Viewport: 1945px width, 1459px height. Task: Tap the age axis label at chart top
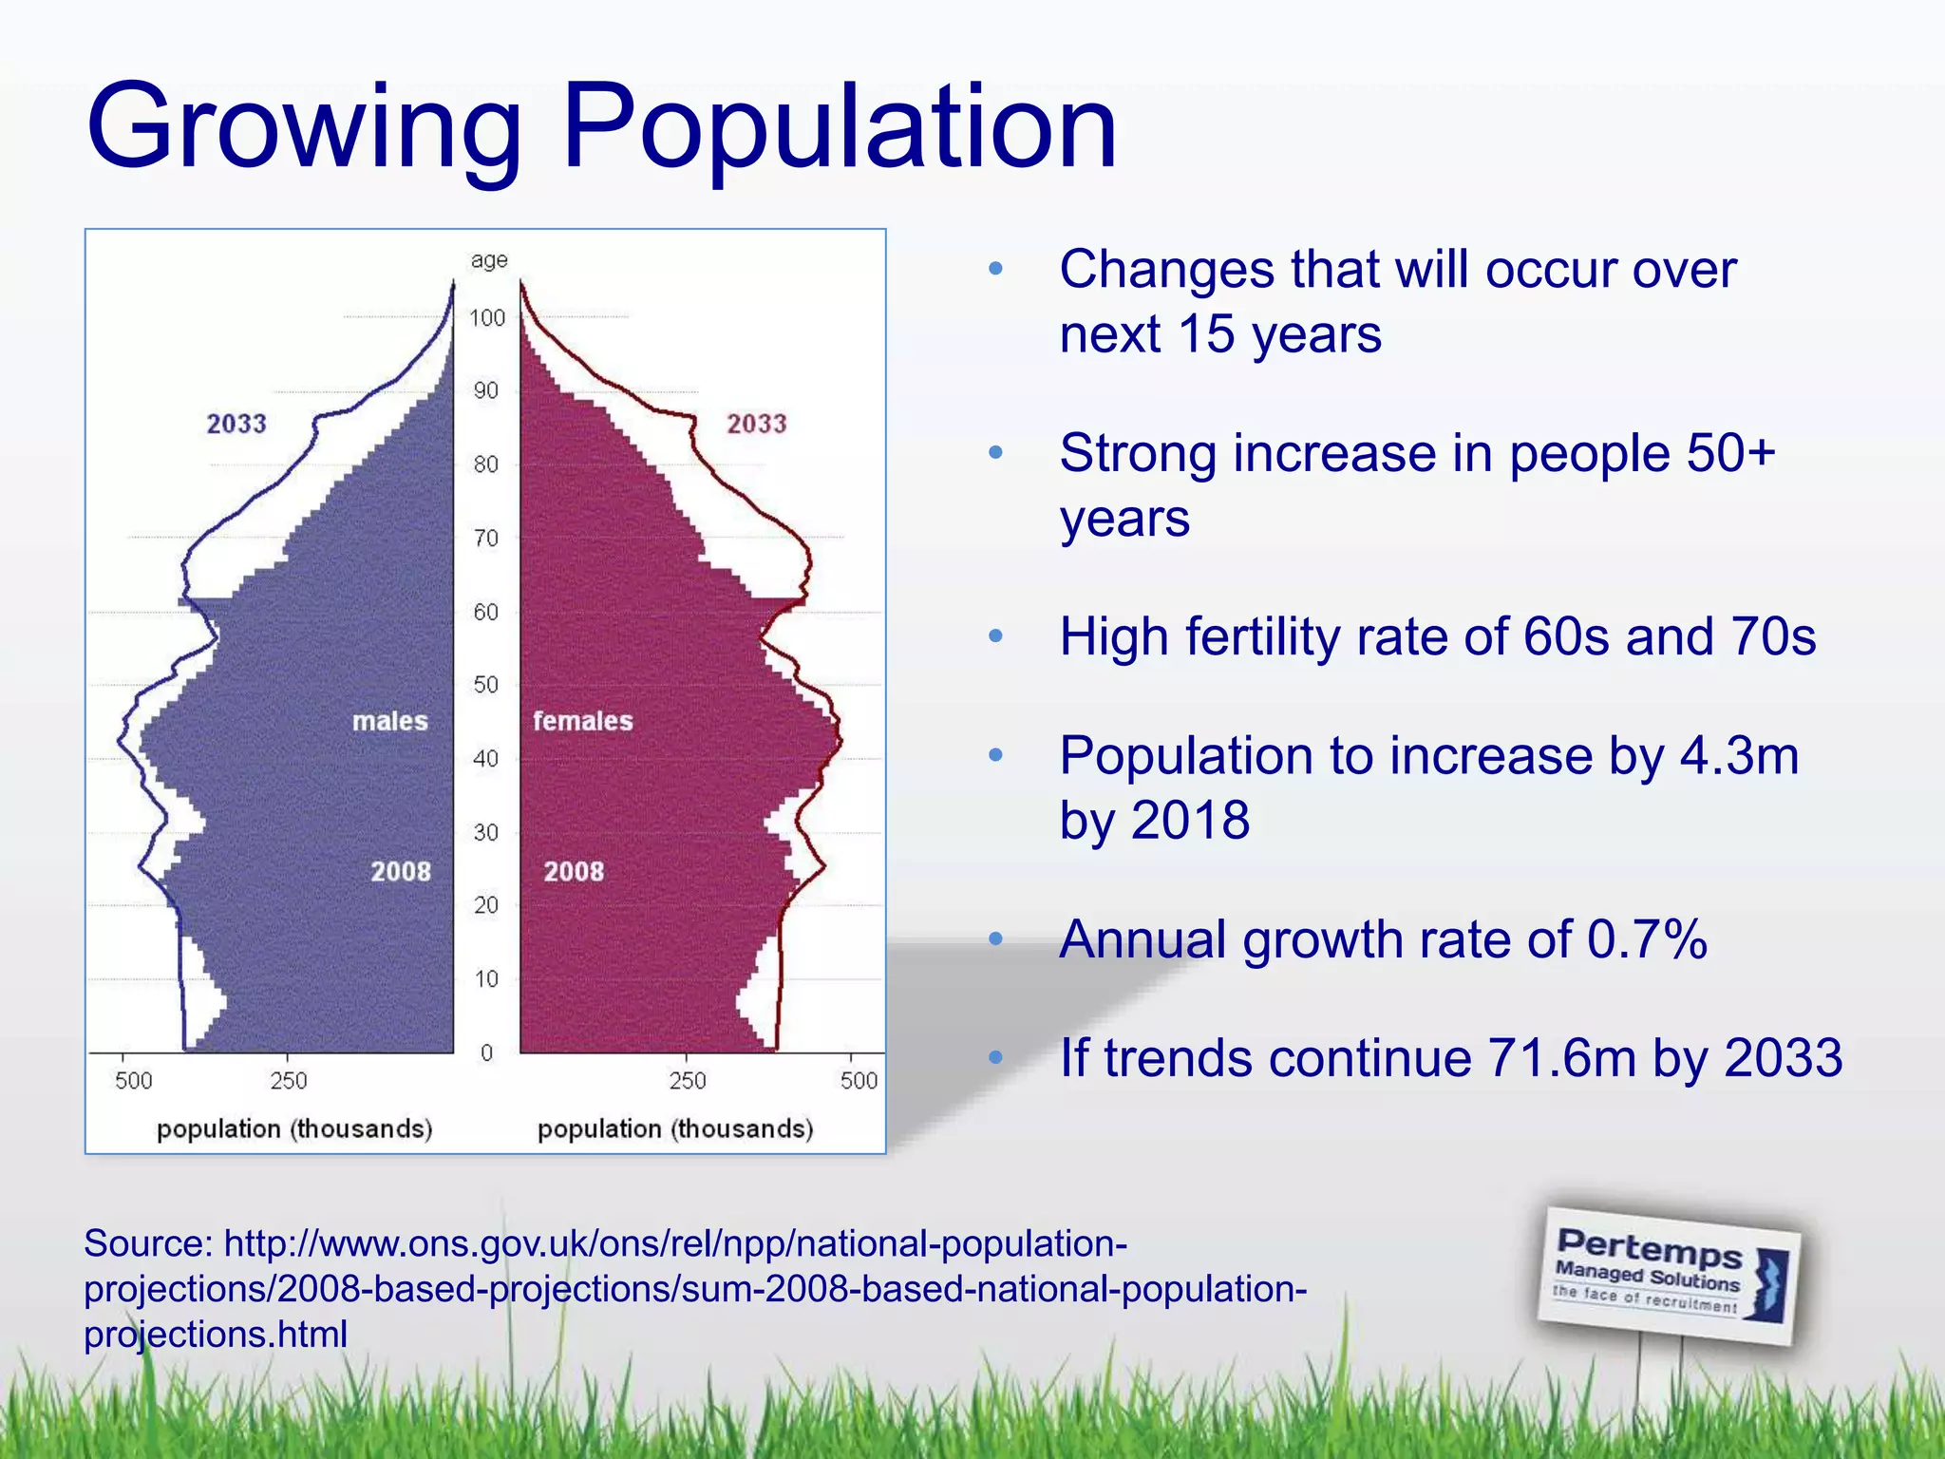489,260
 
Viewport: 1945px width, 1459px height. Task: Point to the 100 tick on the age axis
487,318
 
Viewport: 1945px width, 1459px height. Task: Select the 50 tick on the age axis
486,685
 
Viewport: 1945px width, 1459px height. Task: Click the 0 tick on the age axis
486,1052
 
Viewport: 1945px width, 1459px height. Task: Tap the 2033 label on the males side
236,424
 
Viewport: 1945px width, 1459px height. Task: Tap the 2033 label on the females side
757,424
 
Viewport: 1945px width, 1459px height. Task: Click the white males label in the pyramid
389,721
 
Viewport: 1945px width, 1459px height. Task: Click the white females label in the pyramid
582,721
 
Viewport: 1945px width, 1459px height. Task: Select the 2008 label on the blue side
401,871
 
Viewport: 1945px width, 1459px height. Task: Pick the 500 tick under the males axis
133,1081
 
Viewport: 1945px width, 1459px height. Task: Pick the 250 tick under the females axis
688,1081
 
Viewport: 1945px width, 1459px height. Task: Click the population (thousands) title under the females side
675,1128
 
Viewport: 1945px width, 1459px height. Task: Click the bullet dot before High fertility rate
995,635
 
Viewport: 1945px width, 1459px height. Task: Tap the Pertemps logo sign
1670,1275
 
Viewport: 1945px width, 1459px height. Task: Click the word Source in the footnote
147,1243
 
